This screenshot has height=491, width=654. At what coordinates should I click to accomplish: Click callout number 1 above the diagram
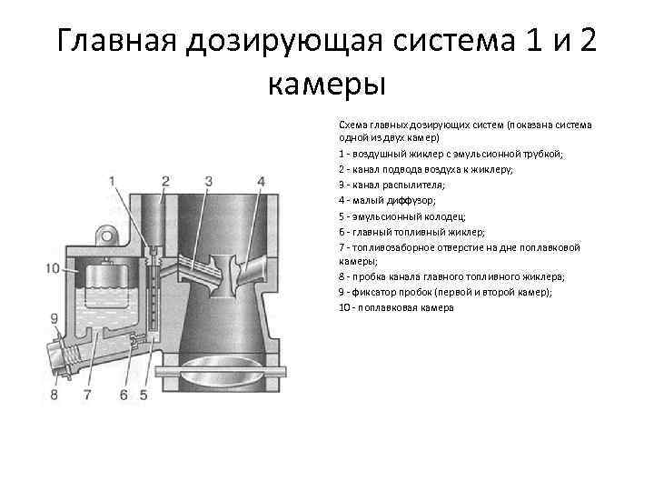coord(113,180)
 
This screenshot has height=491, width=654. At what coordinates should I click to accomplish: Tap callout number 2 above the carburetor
coord(165,180)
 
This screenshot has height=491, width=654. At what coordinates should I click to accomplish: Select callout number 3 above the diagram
coord(208,180)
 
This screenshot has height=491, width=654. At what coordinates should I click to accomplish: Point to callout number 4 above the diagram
coord(261,180)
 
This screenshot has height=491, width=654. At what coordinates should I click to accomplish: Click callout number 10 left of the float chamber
coord(51,267)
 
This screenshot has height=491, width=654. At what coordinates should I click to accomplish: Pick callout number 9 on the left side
coord(54,317)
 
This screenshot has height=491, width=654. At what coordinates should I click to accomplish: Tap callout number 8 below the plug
coord(54,395)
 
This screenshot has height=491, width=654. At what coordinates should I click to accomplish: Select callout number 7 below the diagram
coord(88,395)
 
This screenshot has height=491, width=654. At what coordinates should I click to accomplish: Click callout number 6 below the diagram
coord(124,395)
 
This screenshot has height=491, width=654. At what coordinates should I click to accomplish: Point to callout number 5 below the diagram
coord(144,395)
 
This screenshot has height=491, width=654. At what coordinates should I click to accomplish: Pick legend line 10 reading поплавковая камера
coord(395,308)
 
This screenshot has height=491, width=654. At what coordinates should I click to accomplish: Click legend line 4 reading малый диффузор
coord(387,199)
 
